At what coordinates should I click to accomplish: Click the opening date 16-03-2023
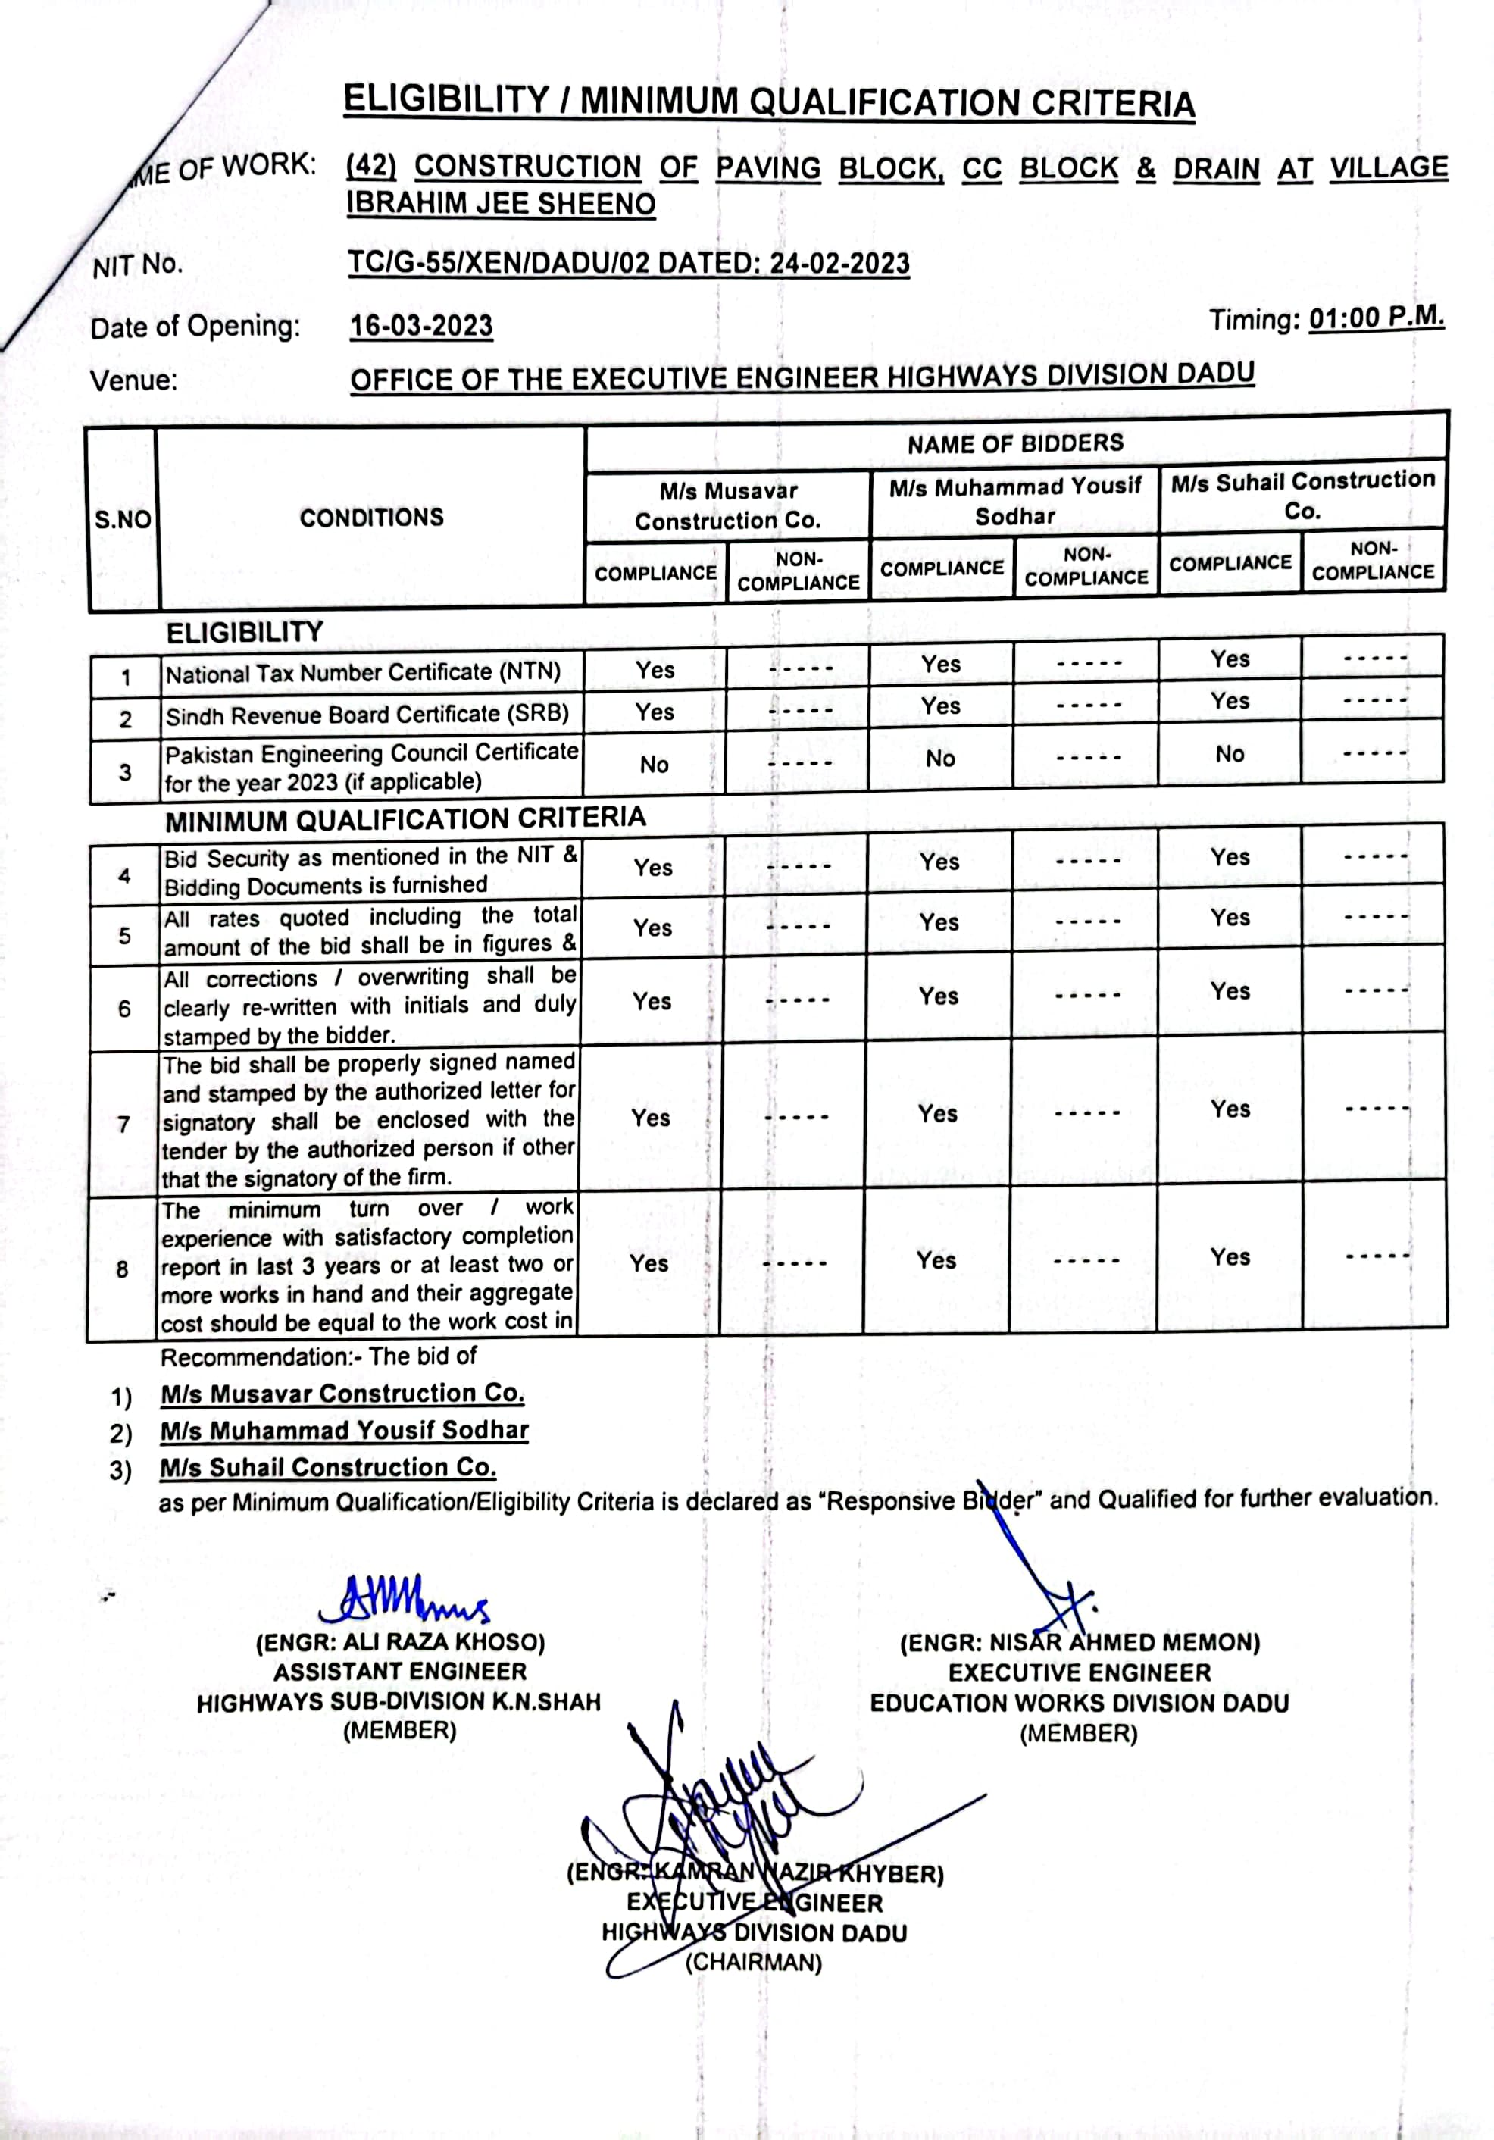pyautogui.click(x=421, y=326)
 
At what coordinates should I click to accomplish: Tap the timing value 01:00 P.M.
pyautogui.click(x=1377, y=318)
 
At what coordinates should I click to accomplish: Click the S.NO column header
pyautogui.click(x=123, y=519)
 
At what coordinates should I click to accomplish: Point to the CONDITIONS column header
pyautogui.click(x=372, y=518)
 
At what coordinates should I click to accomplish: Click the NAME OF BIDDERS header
pyautogui.click(x=1016, y=443)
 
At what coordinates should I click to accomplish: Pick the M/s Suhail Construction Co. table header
pyautogui.click(x=1303, y=495)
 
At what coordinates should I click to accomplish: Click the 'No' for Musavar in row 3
pyautogui.click(x=655, y=765)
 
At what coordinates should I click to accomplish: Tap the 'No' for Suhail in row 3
pyautogui.click(x=1230, y=754)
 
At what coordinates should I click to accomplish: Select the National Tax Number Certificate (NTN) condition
pyautogui.click(x=364, y=672)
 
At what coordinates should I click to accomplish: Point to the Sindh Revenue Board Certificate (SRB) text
pyautogui.click(x=367, y=714)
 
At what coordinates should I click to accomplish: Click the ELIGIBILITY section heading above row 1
pyautogui.click(x=244, y=633)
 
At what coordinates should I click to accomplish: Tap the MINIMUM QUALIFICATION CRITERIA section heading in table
pyautogui.click(x=405, y=820)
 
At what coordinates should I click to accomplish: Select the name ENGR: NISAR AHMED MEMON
pyautogui.click(x=1080, y=1642)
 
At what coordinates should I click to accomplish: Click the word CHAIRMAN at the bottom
pyautogui.click(x=754, y=1962)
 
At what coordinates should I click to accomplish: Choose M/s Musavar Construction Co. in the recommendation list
pyautogui.click(x=342, y=1394)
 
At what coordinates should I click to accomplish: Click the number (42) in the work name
pyautogui.click(x=371, y=167)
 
